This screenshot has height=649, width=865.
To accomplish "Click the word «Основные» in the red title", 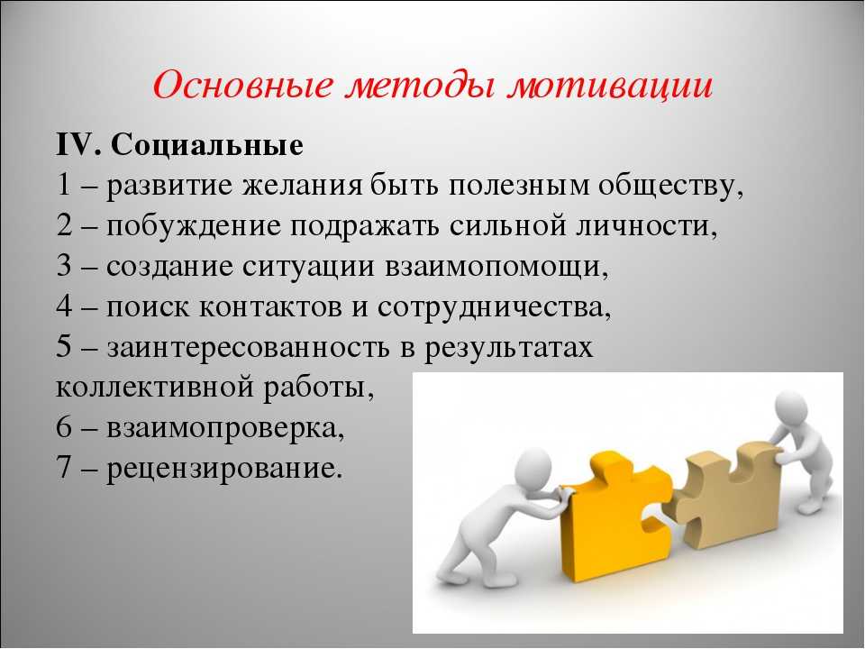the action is coord(243,87).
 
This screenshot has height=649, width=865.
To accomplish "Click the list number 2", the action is coord(64,225).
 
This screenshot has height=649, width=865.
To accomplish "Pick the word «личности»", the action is coord(647,226).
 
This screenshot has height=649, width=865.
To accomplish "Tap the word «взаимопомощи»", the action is coord(496,267).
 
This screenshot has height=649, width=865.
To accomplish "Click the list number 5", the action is coord(64,347).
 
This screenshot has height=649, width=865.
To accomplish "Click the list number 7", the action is coord(64,468).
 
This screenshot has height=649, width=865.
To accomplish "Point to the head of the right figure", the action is coord(792,409).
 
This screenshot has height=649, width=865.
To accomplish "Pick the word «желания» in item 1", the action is coord(303,186).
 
